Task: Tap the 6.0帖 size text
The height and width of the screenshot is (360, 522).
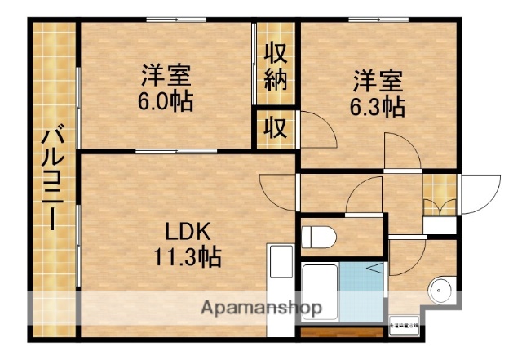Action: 166,104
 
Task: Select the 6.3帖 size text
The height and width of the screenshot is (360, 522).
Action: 378,106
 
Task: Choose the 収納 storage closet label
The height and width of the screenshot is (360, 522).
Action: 276,67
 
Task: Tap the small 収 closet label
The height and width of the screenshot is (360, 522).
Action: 276,129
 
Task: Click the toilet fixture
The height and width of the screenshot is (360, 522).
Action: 320,238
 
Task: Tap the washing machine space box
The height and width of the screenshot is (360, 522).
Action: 405,326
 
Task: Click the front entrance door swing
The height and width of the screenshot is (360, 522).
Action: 481,193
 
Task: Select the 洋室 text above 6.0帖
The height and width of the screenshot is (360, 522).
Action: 166,78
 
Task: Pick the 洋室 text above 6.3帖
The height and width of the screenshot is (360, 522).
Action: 378,81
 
